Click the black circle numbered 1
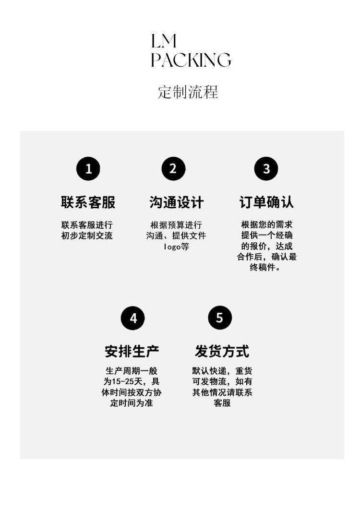tap(88, 169)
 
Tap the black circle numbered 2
tap(173, 168)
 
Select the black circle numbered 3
tap(266, 169)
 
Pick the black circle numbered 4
tap(132, 318)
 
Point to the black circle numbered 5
tap(220, 318)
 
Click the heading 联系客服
tap(88, 202)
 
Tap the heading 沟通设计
tap(176, 202)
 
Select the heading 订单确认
tap(266, 202)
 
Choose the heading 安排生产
tap(132, 351)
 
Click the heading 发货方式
tap(222, 351)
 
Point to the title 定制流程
tap(188, 92)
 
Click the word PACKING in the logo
tap(191, 60)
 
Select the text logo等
tap(176, 247)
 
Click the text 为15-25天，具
tap(132, 382)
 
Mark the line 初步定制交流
tap(87, 236)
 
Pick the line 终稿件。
tap(265, 268)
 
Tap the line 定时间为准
tap(132, 403)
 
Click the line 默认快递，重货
tap(222, 371)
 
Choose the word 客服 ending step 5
tap(222, 403)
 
